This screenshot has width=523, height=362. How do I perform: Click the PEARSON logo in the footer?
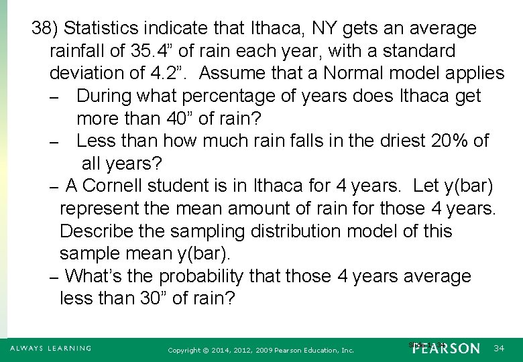[x=447, y=349]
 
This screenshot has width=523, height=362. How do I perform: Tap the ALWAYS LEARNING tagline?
[x=50, y=349]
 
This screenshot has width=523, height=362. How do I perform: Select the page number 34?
[x=499, y=349]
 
